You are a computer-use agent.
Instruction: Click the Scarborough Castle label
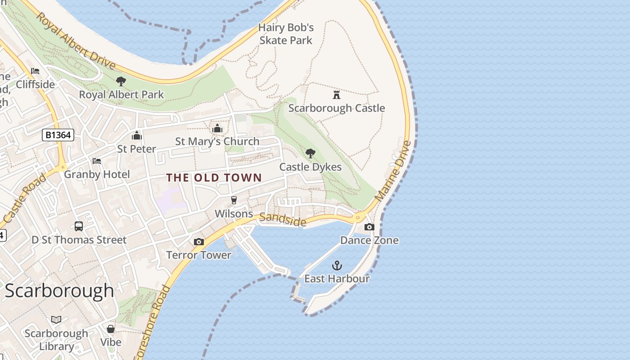pyautogui.click(x=337, y=108)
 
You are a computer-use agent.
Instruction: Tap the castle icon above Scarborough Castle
pyautogui.click(x=337, y=94)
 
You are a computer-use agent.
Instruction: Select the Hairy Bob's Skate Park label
pyautogui.click(x=286, y=34)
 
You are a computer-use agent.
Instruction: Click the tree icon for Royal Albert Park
pyautogui.click(x=121, y=81)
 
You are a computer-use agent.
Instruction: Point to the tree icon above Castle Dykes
pyautogui.click(x=310, y=153)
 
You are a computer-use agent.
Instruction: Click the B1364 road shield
pyautogui.click(x=58, y=135)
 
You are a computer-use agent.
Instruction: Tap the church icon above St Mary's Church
pyautogui.click(x=217, y=129)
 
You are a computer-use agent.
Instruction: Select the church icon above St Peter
pyautogui.click(x=136, y=135)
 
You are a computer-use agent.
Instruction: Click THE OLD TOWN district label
pyautogui.click(x=214, y=178)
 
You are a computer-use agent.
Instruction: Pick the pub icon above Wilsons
pyautogui.click(x=234, y=200)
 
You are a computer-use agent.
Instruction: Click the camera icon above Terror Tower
pyautogui.click(x=198, y=242)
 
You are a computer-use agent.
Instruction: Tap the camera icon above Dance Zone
pyautogui.click(x=369, y=227)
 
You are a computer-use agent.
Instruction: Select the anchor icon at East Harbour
pyautogui.click(x=337, y=265)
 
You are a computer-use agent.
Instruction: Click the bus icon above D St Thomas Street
pyautogui.click(x=79, y=226)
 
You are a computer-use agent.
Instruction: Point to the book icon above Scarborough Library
pyautogui.click(x=56, y=320)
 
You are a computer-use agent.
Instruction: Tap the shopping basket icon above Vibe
pyautogui.click(x=111, y=329)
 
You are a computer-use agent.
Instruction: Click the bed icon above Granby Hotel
pyautogui.click(x=96, y=161)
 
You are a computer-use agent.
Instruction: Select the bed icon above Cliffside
pyautogui.click(x=35, y=71)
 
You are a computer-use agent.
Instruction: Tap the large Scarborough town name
pyautogui.click(x=59, y=291)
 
